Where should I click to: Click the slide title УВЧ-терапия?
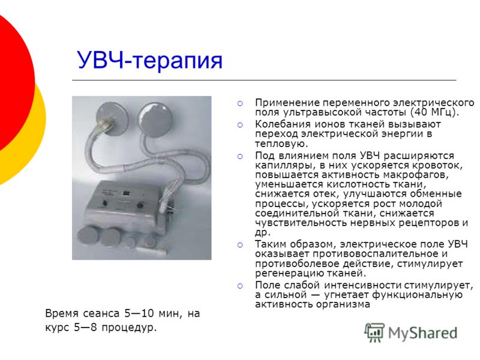[149, 61]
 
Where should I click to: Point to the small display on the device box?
[127, 193]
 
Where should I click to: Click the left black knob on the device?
[104, 203]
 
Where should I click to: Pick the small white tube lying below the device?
[152, 251]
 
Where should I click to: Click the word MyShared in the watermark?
[422, 334]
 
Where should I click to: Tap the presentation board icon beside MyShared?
[374, 332]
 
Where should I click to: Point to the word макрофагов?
[415, 175]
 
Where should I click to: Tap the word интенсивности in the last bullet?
[363, 286]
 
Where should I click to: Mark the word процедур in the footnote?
[129, 328]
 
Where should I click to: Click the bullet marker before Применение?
[240, 103]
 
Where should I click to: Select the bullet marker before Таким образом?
[240, 245]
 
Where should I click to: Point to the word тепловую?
[281, 143]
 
